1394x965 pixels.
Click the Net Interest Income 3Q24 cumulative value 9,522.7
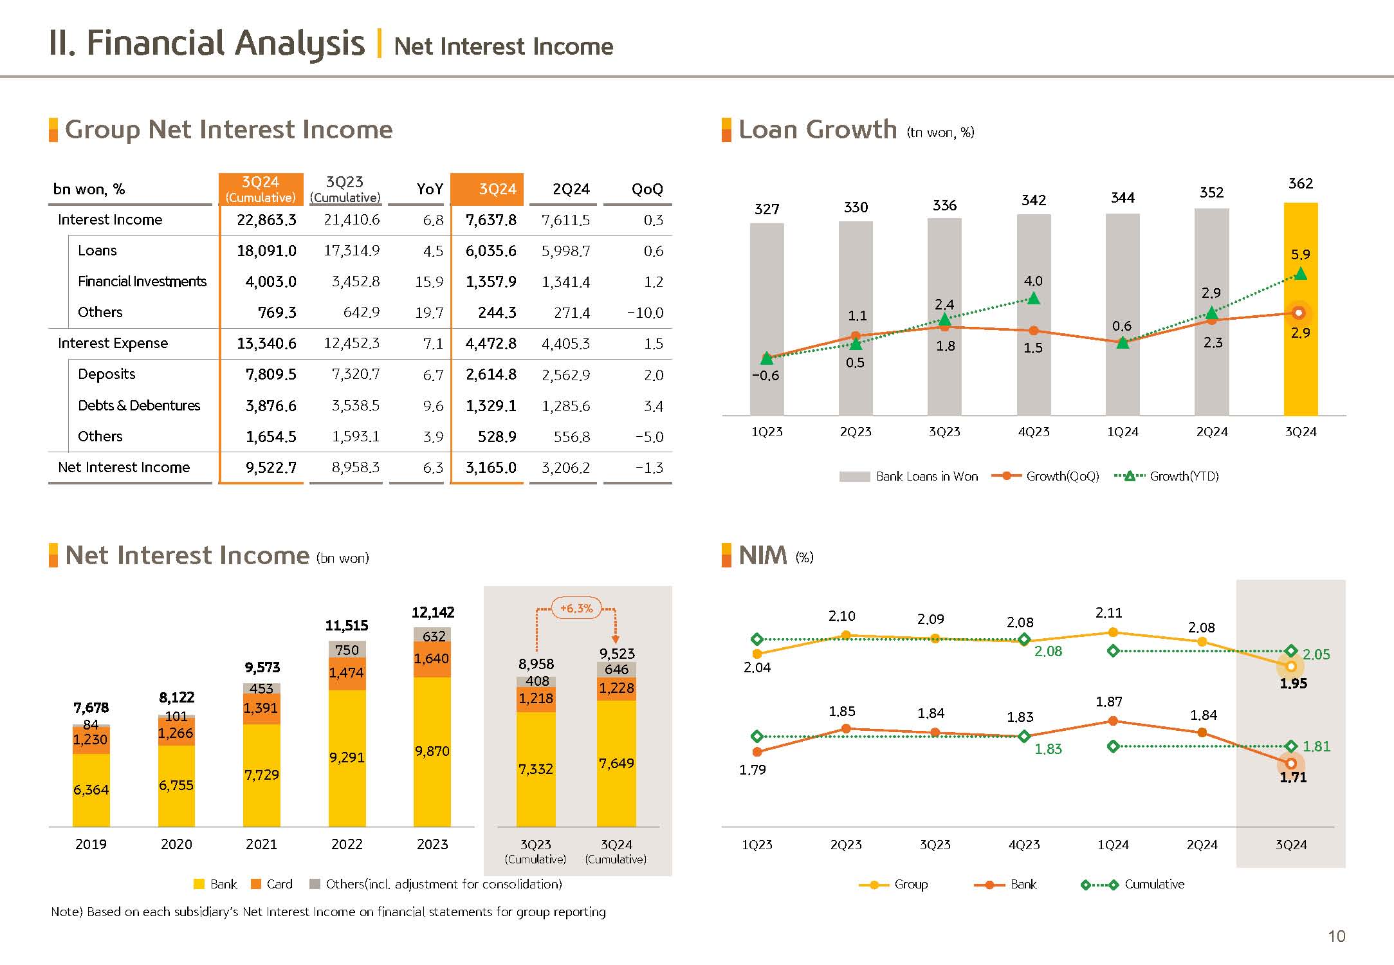coord(271,468)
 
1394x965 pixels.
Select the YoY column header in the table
coord(430,189)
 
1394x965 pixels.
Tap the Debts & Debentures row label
coord(139,405)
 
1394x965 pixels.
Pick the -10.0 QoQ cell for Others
coord(645,313)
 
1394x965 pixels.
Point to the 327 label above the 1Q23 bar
coord(767,209)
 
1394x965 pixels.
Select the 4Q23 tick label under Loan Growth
coord(1033,432)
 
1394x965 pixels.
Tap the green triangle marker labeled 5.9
coord(1300,274)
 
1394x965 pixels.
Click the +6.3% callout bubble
coord(576,608)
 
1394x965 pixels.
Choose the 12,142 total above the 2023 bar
coord(433,612)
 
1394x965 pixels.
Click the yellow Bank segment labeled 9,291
coord(347,757)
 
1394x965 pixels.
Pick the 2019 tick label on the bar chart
coord(91,844)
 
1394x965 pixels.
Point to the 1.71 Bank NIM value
coord(1293,777)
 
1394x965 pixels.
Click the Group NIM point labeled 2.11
coord(1113,632)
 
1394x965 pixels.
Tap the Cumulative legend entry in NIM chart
coord(1154,884)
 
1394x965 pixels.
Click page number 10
coord(1336,936)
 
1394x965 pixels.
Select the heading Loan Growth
coord(817,130)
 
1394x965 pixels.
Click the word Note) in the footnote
coord(67,912)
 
